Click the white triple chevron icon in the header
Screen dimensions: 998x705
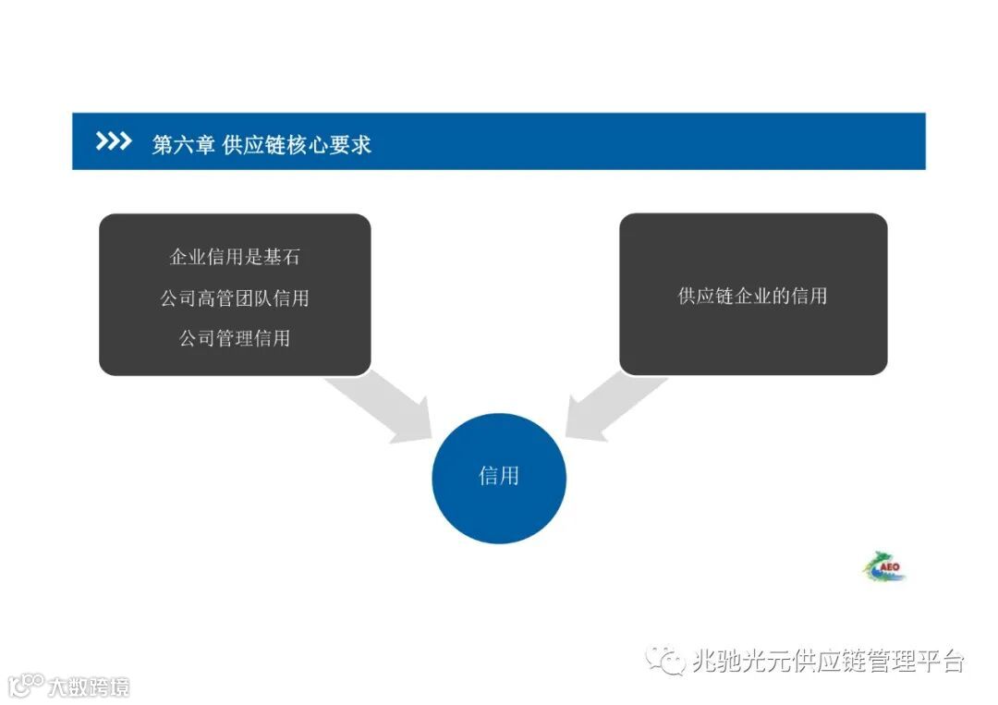pyautogui.click(x=113, y=141)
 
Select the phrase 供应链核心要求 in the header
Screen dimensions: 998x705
pyautogui.click(x=297, y=144)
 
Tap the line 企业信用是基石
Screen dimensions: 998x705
pyautogui.click(x=235, y=256)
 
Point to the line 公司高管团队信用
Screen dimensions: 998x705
pyautogui.click(x=235, y=298)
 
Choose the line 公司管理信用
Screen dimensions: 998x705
pyautogui.click(x=235, y=338)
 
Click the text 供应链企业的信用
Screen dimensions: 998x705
pyautogui.click(x=752, y=296)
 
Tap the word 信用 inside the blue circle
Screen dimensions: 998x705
pyautogui.click(x=499, y=477)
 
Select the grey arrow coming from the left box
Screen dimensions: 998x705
pyautogui.click(x=384, y=407)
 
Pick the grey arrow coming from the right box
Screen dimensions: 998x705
pyautogui.click(x=610, y=407)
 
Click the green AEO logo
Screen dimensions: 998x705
pyautogui.click(x=884, y=566)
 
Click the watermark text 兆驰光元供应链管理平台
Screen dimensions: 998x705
pyautogui.click(x=828, y=661)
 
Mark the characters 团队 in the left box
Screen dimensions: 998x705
pyautogui.click(x=253, y=298)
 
